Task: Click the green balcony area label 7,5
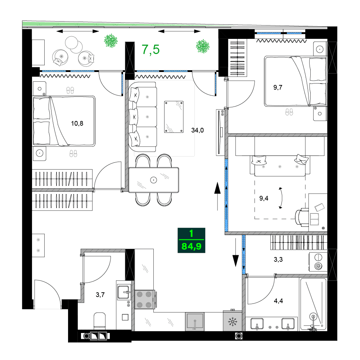pos(150,49)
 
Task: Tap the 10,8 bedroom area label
pos(77,124)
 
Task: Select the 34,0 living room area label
pos(197,130)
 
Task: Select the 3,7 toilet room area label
pos(100,295)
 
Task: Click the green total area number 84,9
pos(191,247)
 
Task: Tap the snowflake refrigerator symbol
pos(233,321)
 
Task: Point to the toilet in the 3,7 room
pos(99,320)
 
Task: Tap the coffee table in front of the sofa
pos(174,117)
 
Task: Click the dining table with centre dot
pos(154,180)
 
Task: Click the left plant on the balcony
pos(111,41)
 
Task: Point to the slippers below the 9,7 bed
pos(289,112)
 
